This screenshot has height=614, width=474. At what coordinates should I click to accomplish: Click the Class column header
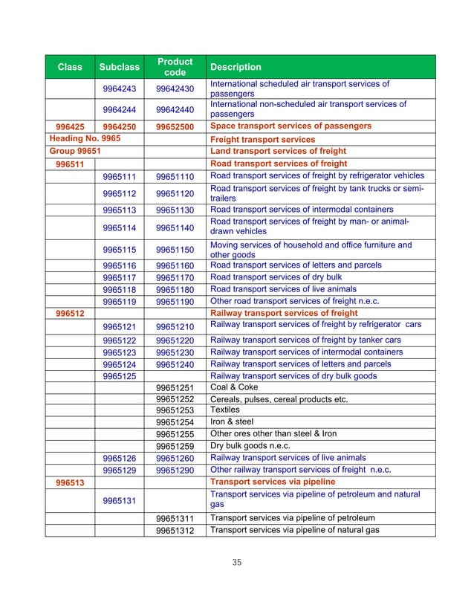70,67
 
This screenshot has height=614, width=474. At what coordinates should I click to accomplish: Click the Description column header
236,67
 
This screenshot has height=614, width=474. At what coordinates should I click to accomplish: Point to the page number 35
237,562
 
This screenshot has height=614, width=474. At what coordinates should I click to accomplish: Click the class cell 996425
70,126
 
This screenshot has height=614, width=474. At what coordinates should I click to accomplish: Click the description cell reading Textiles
224,410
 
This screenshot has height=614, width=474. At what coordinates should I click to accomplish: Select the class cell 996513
70,482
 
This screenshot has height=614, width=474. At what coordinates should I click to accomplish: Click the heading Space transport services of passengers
290,126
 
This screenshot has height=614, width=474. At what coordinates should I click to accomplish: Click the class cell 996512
70,313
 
